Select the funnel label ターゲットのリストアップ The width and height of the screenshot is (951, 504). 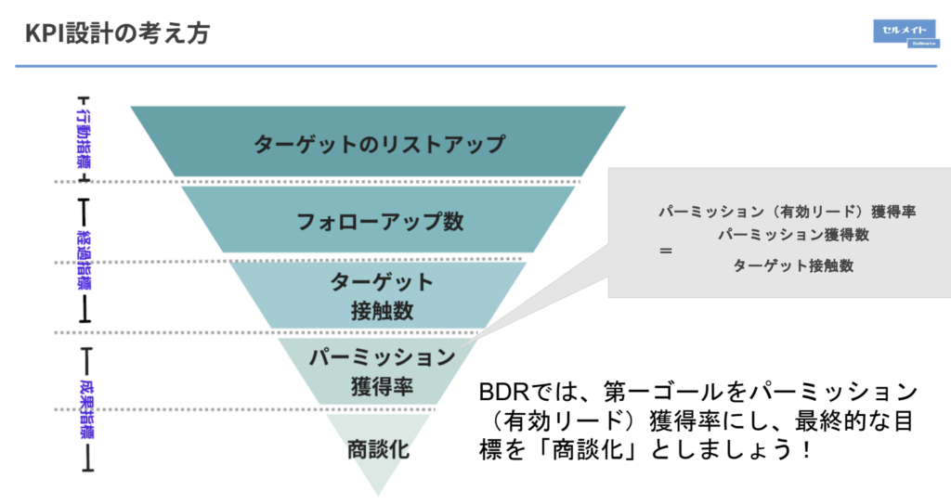click(379, 145)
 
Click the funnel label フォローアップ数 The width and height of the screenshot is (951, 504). click(379, 223)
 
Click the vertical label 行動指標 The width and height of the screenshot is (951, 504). click(85, 138)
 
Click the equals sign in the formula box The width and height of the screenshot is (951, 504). click(665, 251)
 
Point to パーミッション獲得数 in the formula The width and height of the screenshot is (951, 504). click(793, 236)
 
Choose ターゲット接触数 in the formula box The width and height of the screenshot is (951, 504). click(793, 265)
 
